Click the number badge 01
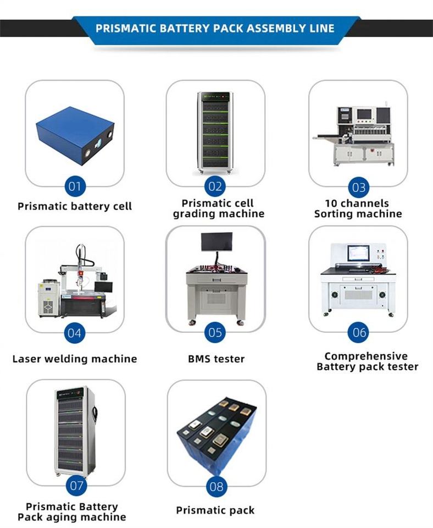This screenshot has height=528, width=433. click(x=75, y=186)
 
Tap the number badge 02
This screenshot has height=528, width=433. click(x=215, y=186)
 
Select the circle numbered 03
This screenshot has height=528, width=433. click(x=358, y=187)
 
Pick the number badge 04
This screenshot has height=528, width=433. click(x=75, y=333)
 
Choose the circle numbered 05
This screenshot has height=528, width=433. click(x=215, y=332)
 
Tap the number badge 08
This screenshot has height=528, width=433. click(x=216, y=486)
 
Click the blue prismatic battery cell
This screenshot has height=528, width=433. click(x=75, y=135)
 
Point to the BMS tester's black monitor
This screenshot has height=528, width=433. click(x=216, y=241)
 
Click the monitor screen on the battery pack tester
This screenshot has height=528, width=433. click(x=358, y=254)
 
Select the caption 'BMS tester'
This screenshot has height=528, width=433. click(x=216, y=359)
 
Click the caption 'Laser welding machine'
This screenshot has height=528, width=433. click(x=75, y=359)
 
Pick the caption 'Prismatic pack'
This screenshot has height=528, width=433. click(x=215, y=510)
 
